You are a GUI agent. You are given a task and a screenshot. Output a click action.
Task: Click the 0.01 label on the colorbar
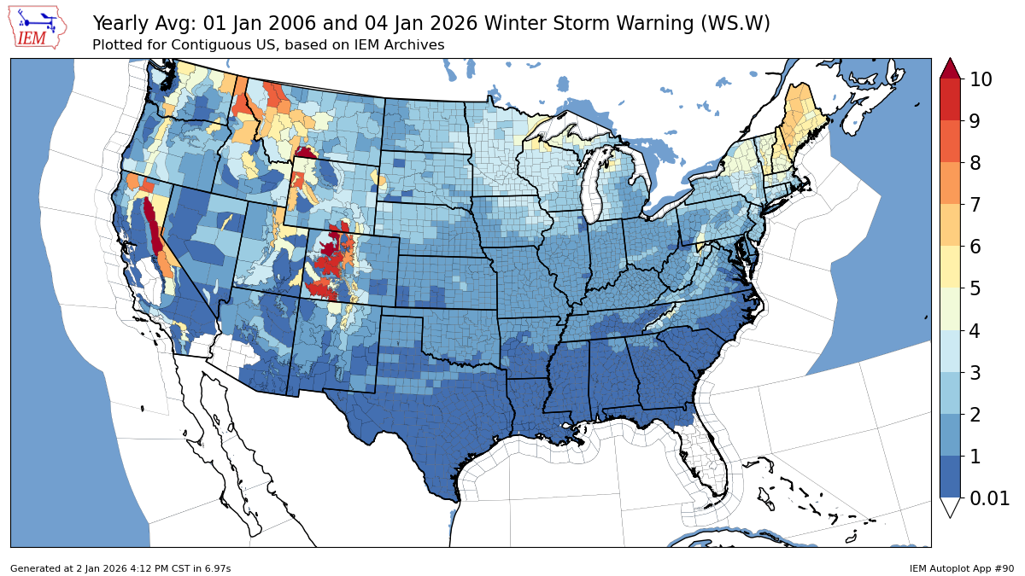987,498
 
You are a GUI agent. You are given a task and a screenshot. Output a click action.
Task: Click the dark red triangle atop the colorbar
950,69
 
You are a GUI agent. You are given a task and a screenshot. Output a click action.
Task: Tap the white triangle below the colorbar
950,507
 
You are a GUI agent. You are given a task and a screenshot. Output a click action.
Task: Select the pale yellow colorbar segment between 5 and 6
950,268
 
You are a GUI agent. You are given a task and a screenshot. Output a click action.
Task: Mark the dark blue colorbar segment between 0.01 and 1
950,477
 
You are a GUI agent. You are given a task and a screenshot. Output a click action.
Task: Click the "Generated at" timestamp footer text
120,568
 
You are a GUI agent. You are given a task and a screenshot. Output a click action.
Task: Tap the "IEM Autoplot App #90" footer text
961,568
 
